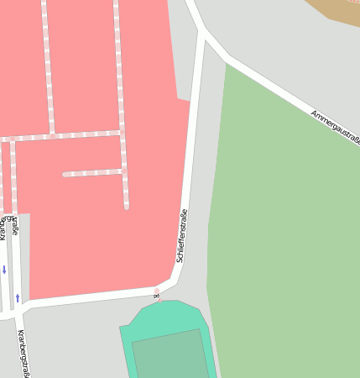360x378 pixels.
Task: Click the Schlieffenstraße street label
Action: pyautogui.click(x=182, y=236)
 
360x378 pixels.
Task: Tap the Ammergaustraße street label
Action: pyautogui.click(x=335, y=126)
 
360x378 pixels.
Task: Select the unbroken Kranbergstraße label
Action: pyautogui.click(x=23, y=353)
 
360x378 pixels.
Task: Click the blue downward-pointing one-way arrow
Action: pyautogui.click(x=4, y=270)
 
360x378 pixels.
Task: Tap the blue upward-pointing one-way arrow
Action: pyautogui.click(x=18, y=297)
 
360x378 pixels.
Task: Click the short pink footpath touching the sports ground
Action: pyautogui.click(x=156, y=293)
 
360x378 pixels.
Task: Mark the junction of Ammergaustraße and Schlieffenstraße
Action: pyautogui.click(x=204, y=34)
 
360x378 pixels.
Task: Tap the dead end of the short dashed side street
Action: pyautogui.click(x=65, y=174)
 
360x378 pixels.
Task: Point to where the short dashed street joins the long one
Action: pyautogui.click(x=124, y=171)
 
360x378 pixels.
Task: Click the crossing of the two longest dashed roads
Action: pyautogui.click(x=121, y=132)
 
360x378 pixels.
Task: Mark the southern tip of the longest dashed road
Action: pyautogui.click(x=127, y=207)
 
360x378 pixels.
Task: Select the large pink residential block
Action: pyautogui.click(x=92, y=227)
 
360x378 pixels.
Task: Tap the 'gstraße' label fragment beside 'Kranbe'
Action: pyautogui.click(x=14, y=225)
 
